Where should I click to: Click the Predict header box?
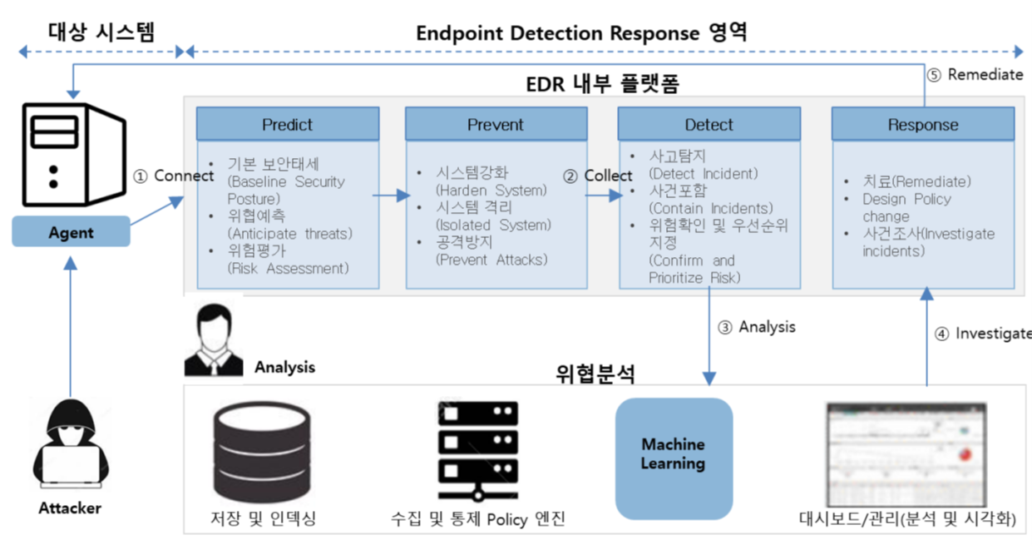click(288, 125)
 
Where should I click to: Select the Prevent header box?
click(496, 125)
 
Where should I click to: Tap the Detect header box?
click(709, 125)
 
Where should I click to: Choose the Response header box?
click(923, 125)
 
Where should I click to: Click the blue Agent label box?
click(71, 232)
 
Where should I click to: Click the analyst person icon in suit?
click(214, 341)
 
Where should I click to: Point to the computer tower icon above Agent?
click(72, 156)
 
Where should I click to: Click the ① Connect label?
click(173, 176)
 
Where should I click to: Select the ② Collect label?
click(597, 176)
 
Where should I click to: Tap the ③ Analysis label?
click(757, 327)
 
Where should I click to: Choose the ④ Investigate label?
click(982, 334)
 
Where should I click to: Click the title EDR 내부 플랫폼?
click(603, 85)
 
